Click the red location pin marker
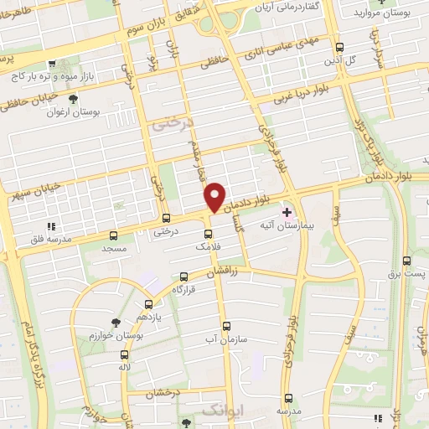215,197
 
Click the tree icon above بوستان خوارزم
115,322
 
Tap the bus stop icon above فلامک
209,233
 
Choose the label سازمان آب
226,339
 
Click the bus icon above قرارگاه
183,276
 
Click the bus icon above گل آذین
339,48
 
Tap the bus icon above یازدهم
149,304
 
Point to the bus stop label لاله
125,368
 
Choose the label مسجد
113,250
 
